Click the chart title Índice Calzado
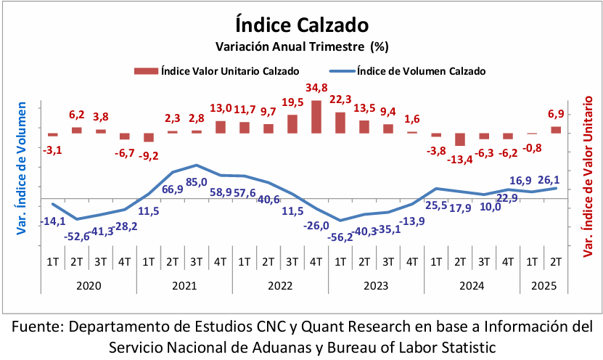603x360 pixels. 302,25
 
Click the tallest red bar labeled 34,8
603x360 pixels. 316,116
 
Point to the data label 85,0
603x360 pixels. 197,182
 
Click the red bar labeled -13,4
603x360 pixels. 459,139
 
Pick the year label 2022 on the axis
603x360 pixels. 280,286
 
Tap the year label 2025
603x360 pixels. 543,286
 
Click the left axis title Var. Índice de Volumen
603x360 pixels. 21,169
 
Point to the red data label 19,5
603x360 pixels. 292,103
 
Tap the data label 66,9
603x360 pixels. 172,189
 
